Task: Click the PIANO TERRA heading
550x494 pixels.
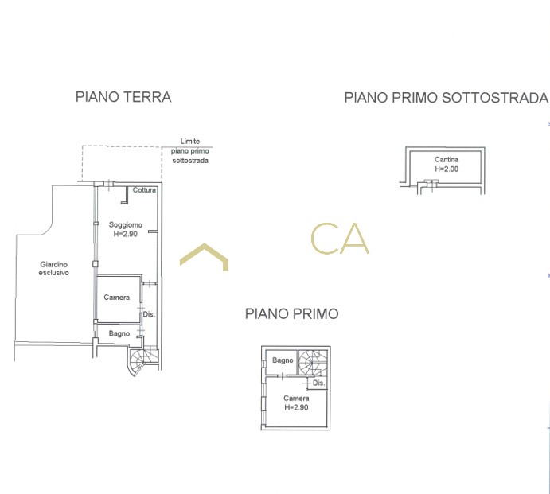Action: pyautogui.click(x=123, y=97)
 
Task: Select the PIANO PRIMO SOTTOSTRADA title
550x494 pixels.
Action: pyautogui.click(x=447, y=98)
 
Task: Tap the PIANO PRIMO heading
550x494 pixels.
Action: pyautogui.click(x=292, y=313)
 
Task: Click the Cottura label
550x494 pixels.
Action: pyautogui.click(x=144, y=190)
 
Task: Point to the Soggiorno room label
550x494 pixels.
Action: pyautogui.click(x=126, y=225)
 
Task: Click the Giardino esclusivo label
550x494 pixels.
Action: pyautogui.click(x=53, y=269)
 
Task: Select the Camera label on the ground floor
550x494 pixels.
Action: pyautogui.click(x=117, y=298)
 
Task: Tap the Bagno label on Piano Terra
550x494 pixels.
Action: pyautogui.click(x=119, y=333)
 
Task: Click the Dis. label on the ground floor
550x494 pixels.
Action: pyautogui.click(x=149, y=314)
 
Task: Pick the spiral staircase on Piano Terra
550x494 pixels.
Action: pyautogui.click(x=142, y=360)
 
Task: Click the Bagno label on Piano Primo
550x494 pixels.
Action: pyautogui.click(x=283, y=360)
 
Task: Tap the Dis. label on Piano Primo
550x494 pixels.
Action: pyautogui.click(x=319, y=383)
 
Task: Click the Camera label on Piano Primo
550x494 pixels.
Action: pyautogui.click(x=296, y=399)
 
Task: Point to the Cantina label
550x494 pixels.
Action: pyautogui.click(x=447, y=160)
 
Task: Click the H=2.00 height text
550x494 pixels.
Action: pyautogui.click(x=447, y=169)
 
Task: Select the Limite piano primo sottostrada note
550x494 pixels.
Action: pyautogui.click(x=190, y=151)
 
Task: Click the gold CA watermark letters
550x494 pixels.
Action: pyautogui.click(x=340, y=239)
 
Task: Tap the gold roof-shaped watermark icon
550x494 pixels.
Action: pyautogui.click(x=204, y=257)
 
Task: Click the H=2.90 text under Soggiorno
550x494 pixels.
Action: pyautogui.click(x=126, y=234)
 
